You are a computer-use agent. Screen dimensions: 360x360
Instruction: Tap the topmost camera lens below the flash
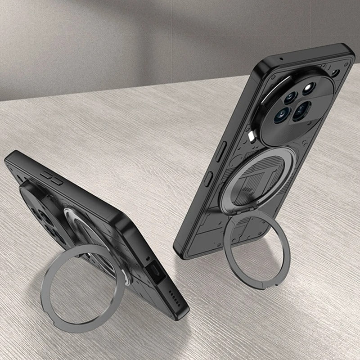(290, 96)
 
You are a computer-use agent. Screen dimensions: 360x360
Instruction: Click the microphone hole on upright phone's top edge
(281, 59)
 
